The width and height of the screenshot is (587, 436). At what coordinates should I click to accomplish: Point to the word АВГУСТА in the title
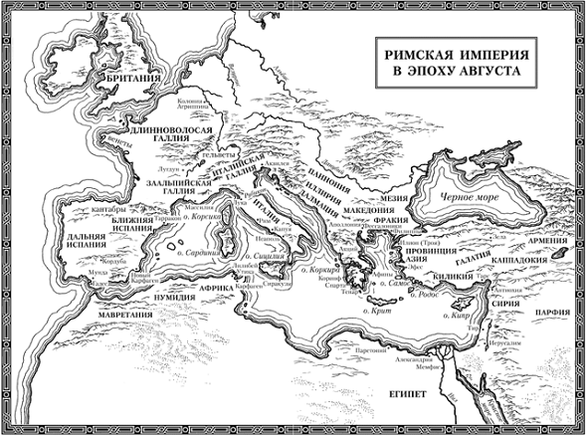pos(477,76)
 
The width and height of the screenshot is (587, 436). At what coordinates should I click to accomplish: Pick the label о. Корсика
pos(202,214)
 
